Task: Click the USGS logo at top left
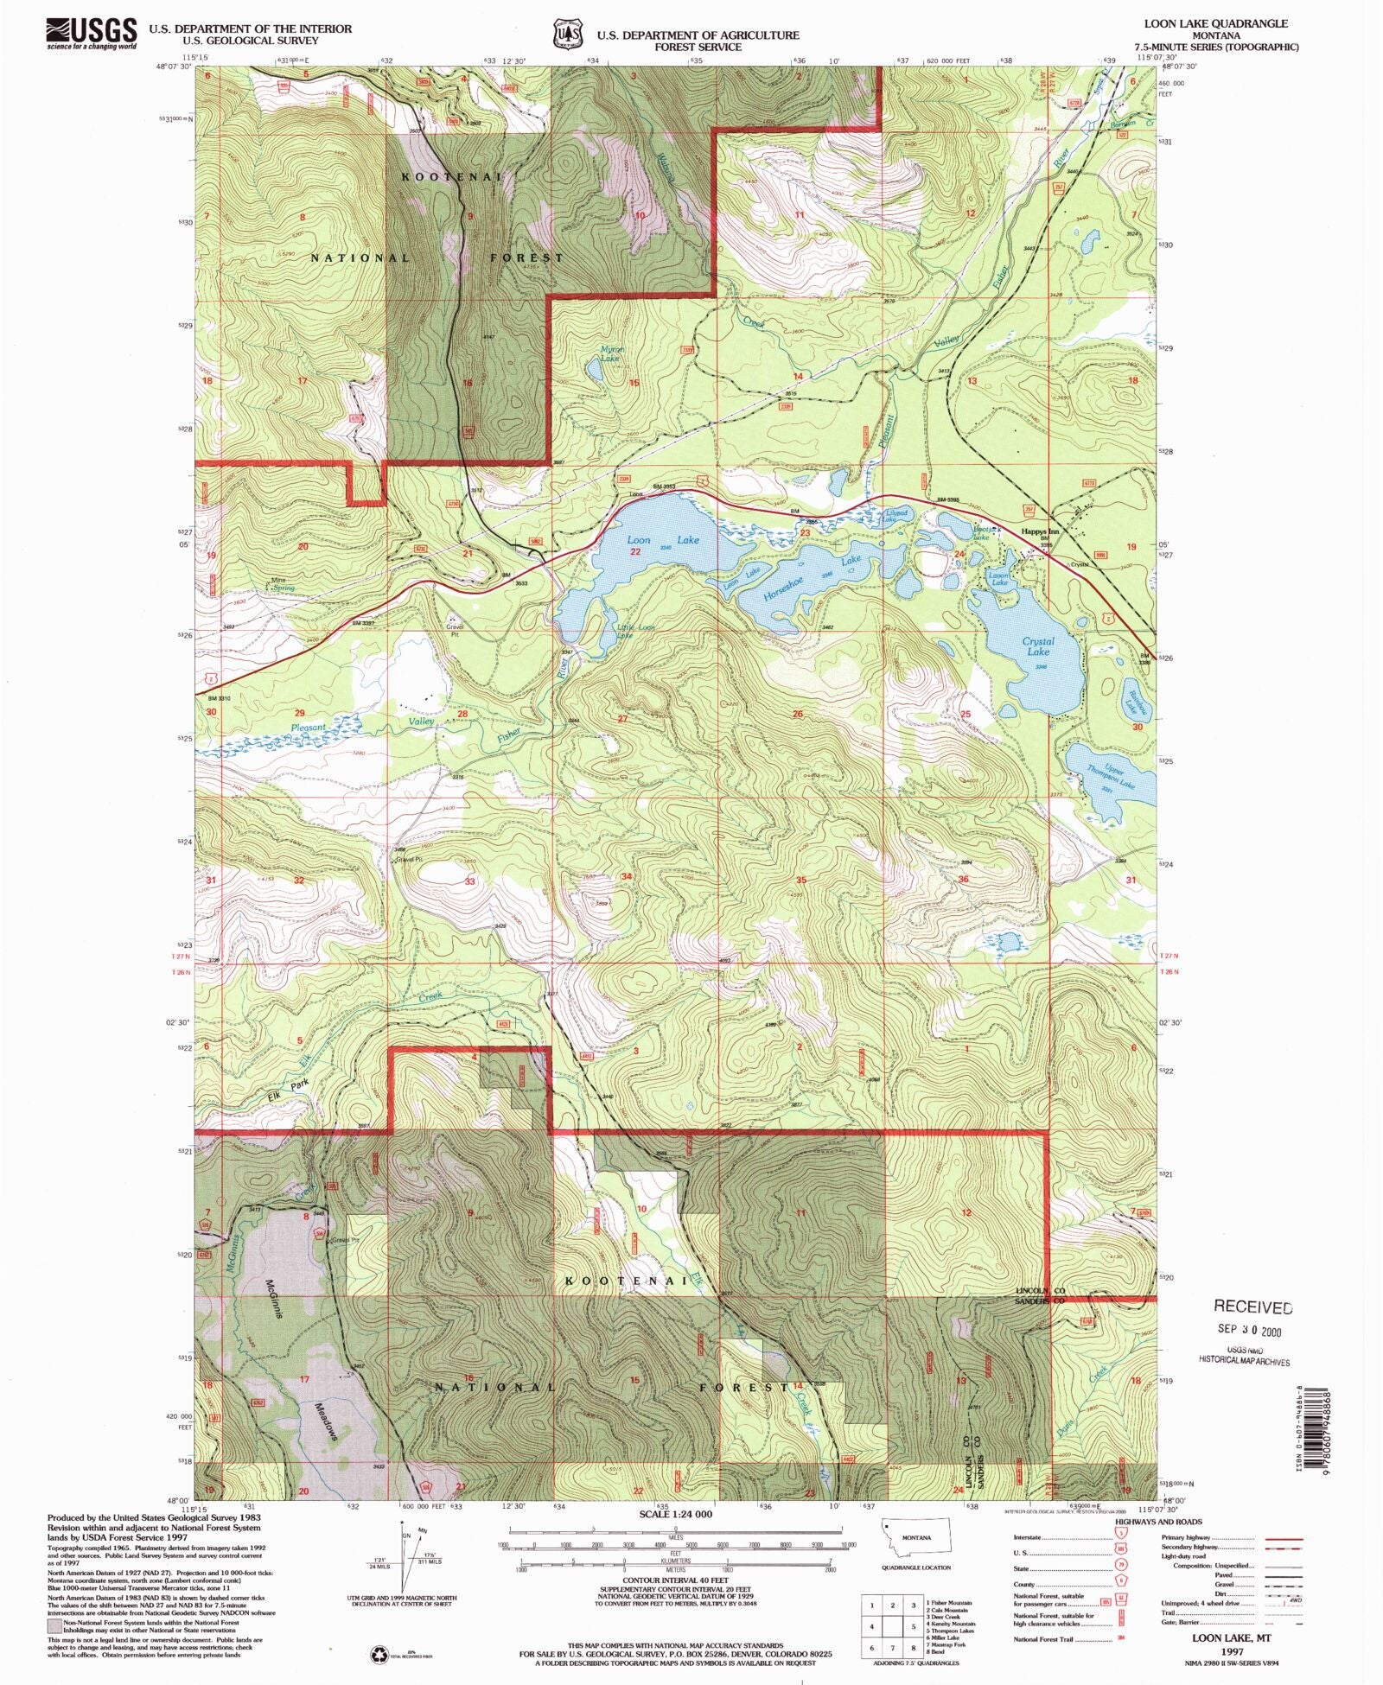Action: (x=91, y=33)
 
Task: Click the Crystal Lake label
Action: (x=1038, y=646)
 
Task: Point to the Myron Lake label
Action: (x=611, y=353)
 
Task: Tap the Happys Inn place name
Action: (x=1039, y=531)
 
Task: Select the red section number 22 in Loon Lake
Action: (x=635, y=551)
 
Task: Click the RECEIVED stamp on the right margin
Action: (x=1252, y=1307)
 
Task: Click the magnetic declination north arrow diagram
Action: (x=402, y=1555)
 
